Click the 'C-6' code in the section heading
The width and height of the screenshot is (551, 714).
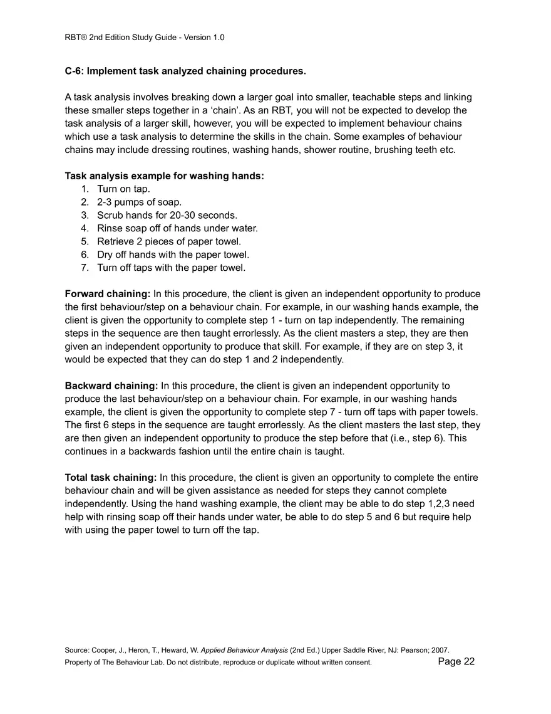point(74,71)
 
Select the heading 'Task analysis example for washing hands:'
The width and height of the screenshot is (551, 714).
point(164,176)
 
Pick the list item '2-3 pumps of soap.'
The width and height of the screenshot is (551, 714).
point(139,202)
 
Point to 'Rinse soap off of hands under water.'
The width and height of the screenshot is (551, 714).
point(177,229)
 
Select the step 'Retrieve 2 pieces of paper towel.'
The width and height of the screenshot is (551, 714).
point(168,242)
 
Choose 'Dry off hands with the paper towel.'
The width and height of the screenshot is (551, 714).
point(173,255)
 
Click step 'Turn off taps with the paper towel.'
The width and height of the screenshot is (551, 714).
point(171,268)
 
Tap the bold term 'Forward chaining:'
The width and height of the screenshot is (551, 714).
point(108,294)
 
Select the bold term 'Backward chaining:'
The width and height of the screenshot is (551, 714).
point(111,386)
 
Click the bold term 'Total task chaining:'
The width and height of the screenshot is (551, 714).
point(111,478)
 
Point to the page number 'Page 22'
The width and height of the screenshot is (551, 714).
point(456,662)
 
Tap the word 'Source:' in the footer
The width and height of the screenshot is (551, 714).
point(76,651)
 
